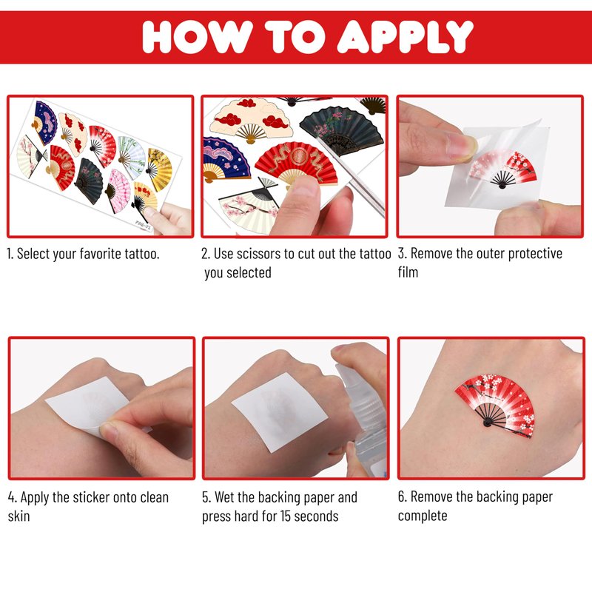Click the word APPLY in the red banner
(405, 36)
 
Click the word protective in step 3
(535, 254)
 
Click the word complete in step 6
(423, 516)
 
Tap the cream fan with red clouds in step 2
(251, 120)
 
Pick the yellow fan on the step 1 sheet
(159, 169)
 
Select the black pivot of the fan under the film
(502, 186)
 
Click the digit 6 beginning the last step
(401, 497)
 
